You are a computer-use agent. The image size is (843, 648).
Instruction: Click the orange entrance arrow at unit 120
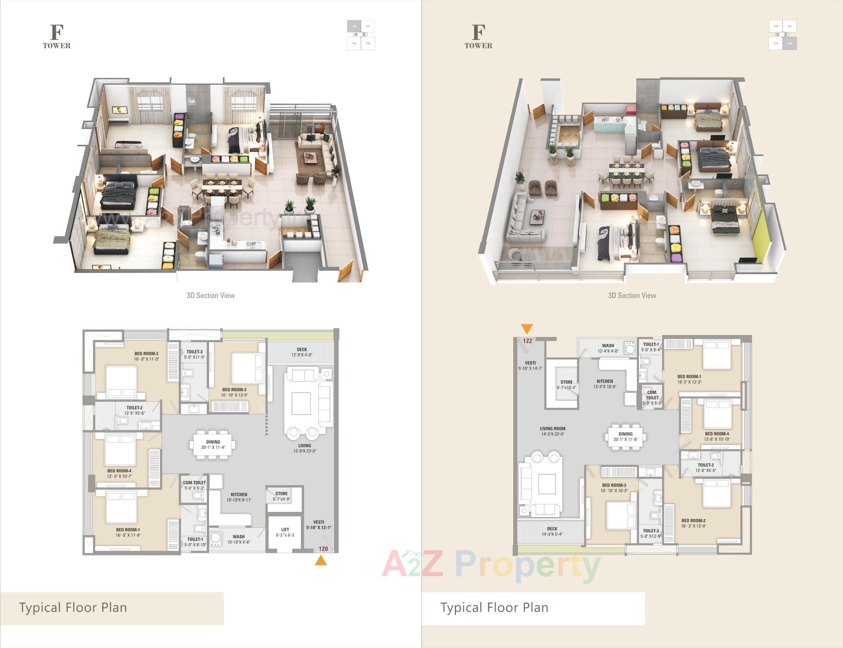[321, 561]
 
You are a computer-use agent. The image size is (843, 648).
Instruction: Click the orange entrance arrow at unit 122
[527, 329]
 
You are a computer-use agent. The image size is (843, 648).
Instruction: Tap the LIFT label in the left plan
[285, 530]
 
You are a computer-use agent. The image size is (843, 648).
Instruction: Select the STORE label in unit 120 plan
[281, 494]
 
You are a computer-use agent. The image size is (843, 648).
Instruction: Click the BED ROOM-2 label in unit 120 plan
[146, 354]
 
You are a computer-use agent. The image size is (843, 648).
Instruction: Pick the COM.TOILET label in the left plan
[195, 483]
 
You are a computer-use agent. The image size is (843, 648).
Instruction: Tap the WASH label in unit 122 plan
[608, 346]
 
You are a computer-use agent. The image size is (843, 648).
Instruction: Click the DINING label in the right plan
[625, 434]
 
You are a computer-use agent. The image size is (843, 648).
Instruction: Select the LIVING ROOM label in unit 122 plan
[552, 429]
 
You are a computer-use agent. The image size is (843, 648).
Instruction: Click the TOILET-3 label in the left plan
[195, 352]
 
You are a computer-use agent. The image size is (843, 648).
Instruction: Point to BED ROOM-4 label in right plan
[717, 434]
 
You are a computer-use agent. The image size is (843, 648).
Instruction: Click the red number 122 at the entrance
[527, 341]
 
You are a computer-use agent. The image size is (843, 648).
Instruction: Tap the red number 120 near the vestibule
[323, 549]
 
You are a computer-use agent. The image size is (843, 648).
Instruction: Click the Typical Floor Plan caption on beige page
[494, 608]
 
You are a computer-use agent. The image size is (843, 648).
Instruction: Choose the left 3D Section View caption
[211, 296]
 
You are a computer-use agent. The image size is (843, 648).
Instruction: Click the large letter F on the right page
[478, 32]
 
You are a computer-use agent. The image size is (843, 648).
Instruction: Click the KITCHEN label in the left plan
[239, 494]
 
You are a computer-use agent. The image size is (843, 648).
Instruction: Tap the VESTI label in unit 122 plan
[530, 363]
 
